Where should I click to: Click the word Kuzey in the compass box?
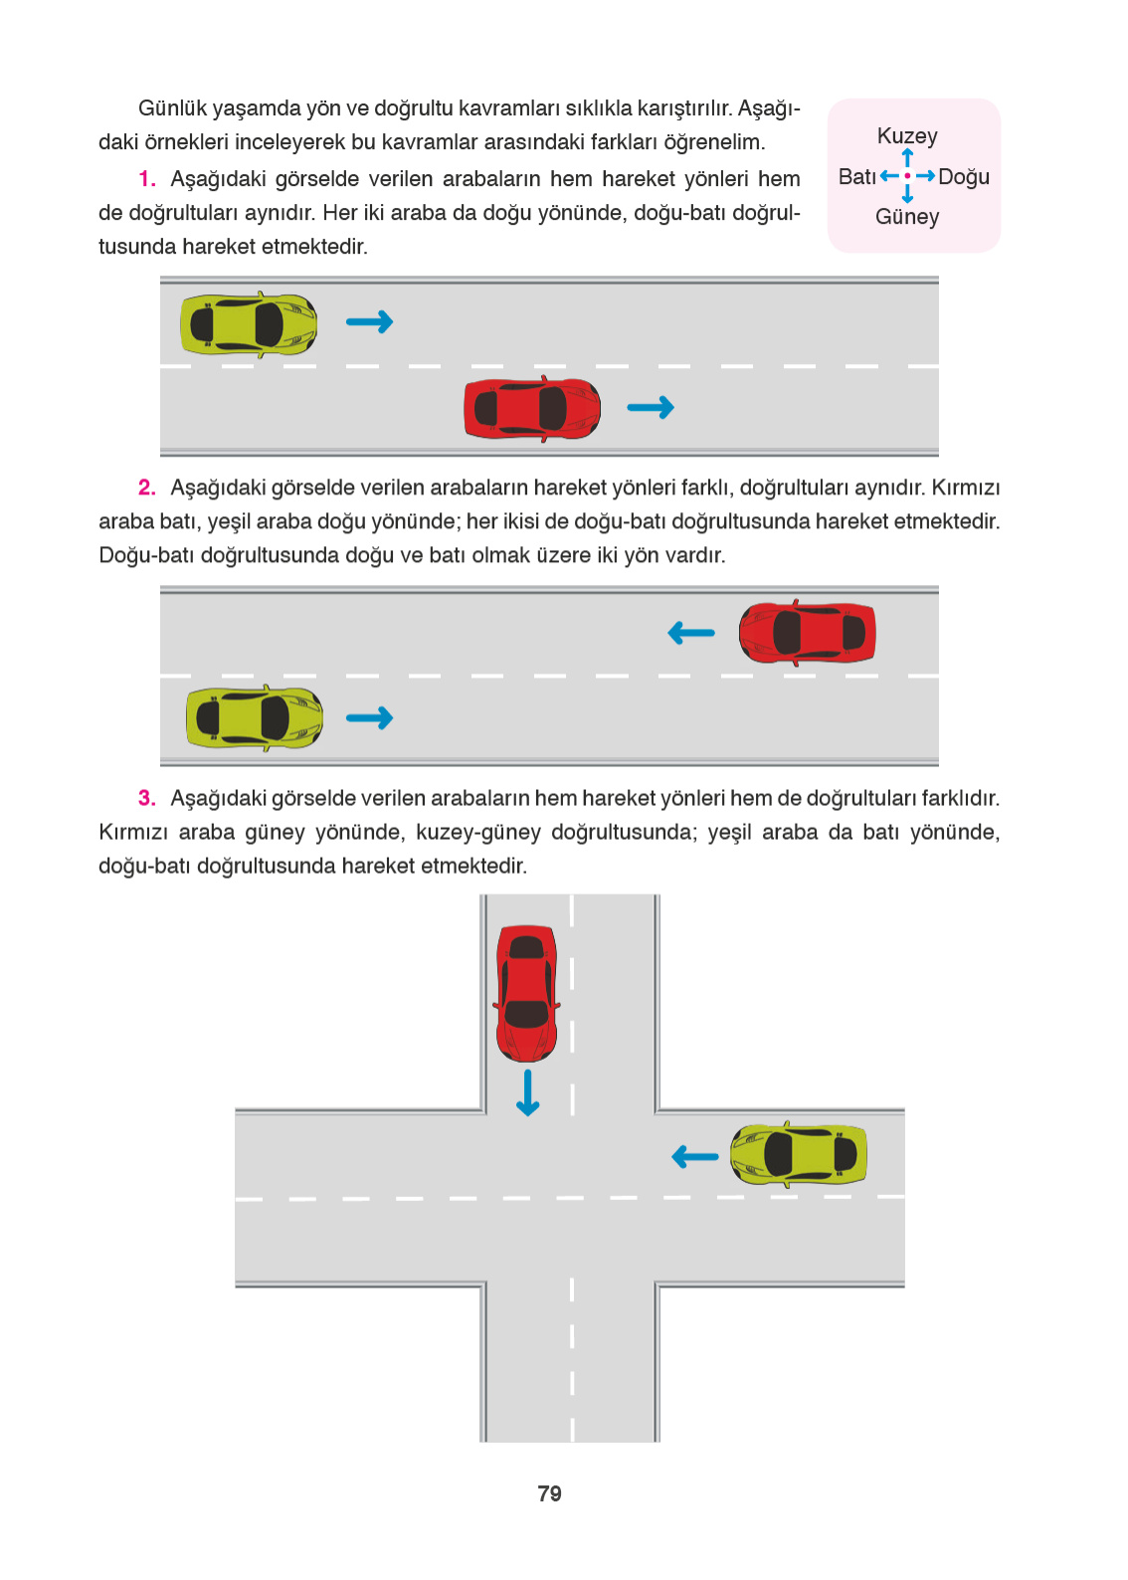pyautogui.click(x=906, y=136)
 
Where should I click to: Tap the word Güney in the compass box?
pyautogui.click(x=906, y=217)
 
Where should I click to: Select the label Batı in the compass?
pyautogui.click(x=856, y=177)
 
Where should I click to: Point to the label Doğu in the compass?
pyautogui.click(x=963, y=177)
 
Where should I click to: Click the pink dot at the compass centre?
pyautogui.click(x=907, y=176)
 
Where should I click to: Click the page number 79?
pyautogui.click(x=549, y=1493)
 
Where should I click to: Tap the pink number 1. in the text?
pyautogui.click(x=147, y=179)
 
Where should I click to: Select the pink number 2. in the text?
pyautogui.click(x=147, y=488)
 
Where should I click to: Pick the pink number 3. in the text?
pyautogui.click(x=147, y=798)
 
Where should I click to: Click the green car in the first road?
pyautogui.click(x=249, y=324)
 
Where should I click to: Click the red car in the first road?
pyautogui.click(x=532, y=409)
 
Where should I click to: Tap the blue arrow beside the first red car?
pyautogui.click(x=651, y=407)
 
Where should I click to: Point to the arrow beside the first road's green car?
pyautogui.click(x=369, y=321)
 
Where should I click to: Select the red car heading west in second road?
pyautogui.click(x=807, y=633)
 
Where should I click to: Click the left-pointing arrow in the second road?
pyautogui.click(x=691, y=633)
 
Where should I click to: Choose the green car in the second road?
pyautogui.click(x=255, y=717)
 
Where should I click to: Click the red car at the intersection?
pyautogui.click(x=526, y=993)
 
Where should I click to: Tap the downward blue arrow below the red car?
pyautogui.click(x=527, y=1092)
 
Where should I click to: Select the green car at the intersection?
pyautogui.click(x=799, y=1154)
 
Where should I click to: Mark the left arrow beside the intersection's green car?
pyautogui.click(x=695, y=1156)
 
